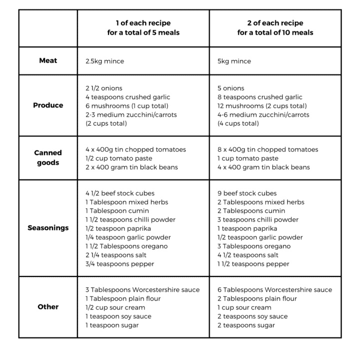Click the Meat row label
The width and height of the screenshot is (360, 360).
(x=48, y=60)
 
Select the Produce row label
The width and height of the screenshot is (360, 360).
(x=48, y=105)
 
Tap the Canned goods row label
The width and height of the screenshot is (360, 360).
(x=48, y=157)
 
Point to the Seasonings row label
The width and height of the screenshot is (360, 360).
(x=48, y=228)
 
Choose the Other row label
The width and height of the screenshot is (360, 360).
(x=48, y=306)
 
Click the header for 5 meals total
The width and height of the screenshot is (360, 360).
(x=143, y=28)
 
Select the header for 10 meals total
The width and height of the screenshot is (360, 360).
(x=275, y=28)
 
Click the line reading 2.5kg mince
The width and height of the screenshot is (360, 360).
(x=104, y=61)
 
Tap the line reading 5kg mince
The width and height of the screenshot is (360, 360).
(x=234, y=61)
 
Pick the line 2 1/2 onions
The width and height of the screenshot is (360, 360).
(x=103, y=88)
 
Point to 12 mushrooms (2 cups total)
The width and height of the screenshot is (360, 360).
(x=262, y=106)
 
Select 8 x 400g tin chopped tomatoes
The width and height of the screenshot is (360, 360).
(x=267, y=149)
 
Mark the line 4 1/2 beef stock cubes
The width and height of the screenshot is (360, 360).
(x=120, y=193)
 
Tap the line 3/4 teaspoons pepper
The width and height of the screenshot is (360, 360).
(x=120, y=264)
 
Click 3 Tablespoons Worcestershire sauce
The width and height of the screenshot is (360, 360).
(x=142, y=289)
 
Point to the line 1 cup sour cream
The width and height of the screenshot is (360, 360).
(x=244, y=307)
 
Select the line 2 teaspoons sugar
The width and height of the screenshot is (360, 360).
(x=246, y=325)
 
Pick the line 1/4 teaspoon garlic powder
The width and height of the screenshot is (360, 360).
(x=128, y=237)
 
